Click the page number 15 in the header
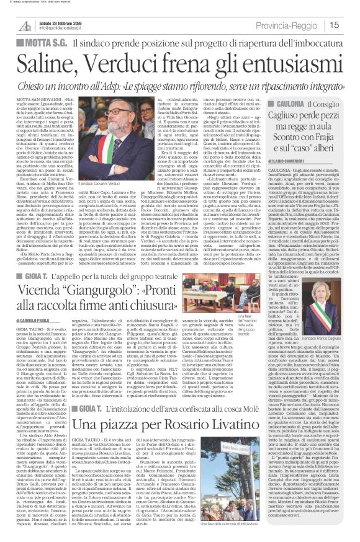tap(350, 24)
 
